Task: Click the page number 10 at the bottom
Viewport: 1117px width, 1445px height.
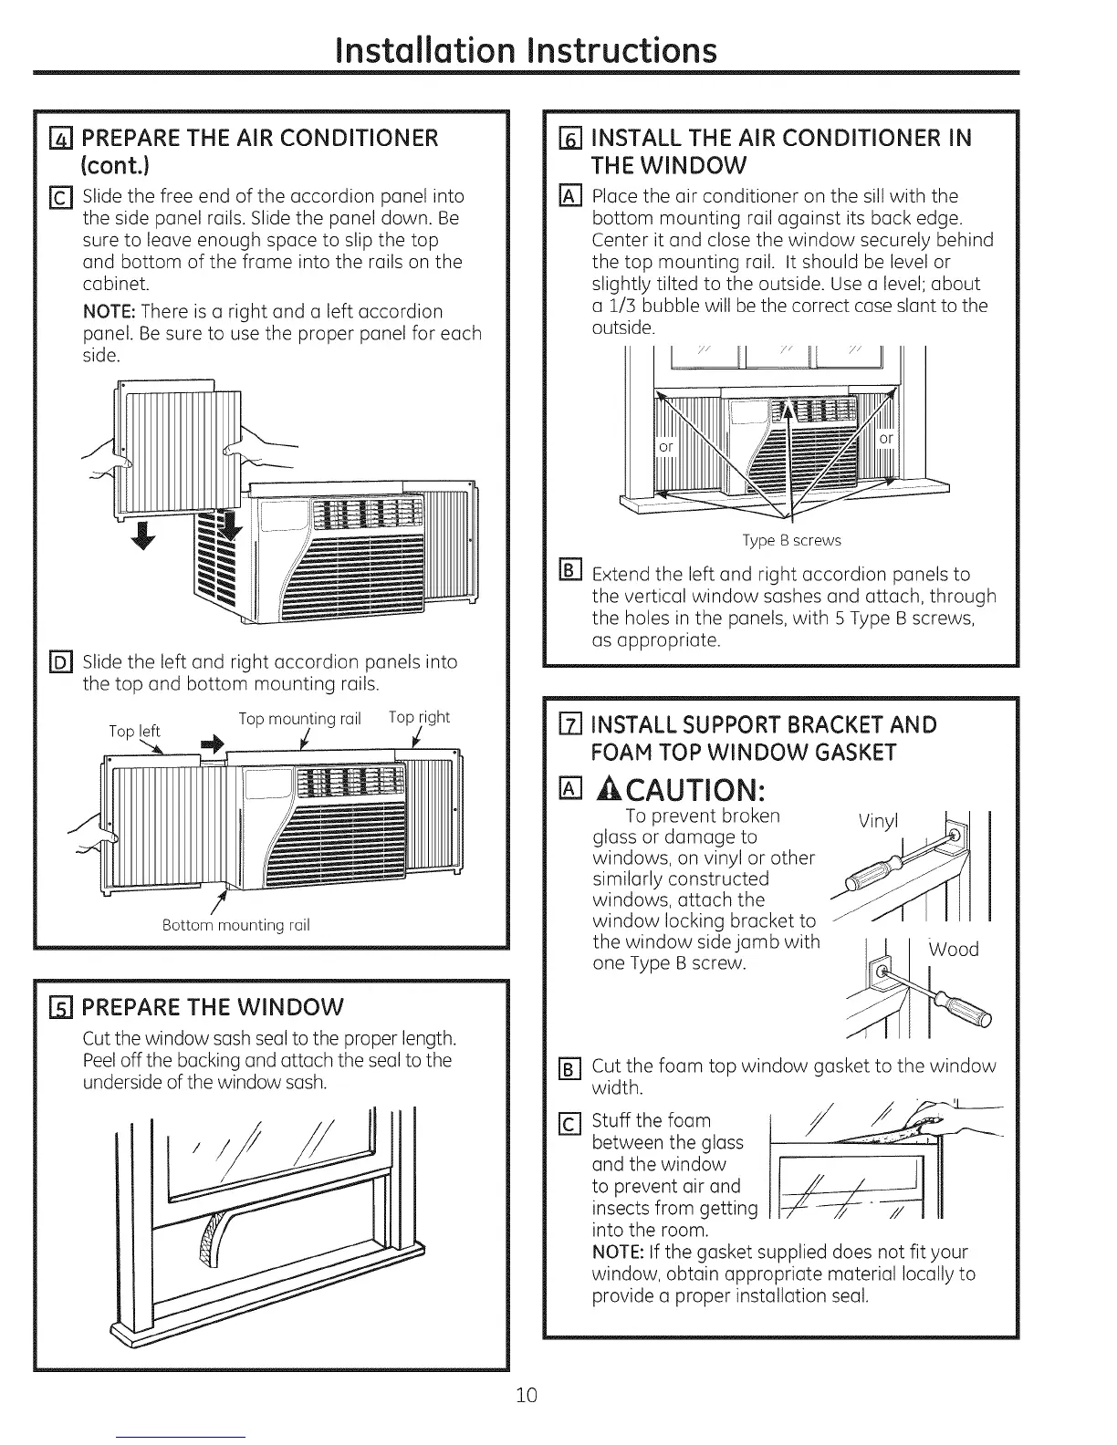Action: [527, 1395]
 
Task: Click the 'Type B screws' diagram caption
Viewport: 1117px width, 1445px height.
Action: [791, 540]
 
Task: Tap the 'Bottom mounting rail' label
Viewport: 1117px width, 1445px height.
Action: [235, 925]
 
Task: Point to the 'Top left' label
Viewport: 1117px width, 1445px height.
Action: [134, 731]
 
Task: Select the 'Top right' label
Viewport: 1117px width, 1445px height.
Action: [420, 717]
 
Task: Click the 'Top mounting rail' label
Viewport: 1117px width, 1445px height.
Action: [300, 719]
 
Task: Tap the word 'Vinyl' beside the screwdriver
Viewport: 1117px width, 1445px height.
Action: [879, 821]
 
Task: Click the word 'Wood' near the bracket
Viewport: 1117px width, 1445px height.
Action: [953, 950]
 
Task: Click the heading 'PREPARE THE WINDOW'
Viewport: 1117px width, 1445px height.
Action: [213, 1007]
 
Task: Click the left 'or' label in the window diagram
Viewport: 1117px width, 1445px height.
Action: [666, 446]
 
